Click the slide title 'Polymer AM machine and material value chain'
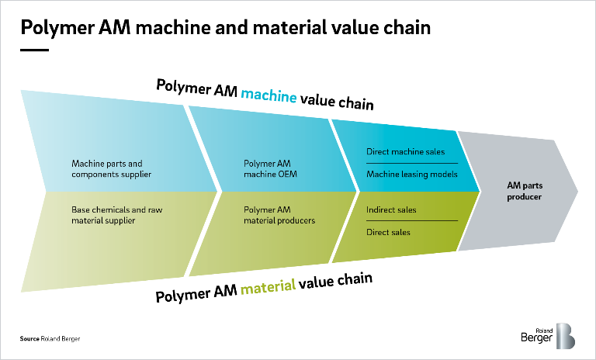point(225,29)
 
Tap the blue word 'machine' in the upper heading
point(269,96)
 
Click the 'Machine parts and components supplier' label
point(107,169)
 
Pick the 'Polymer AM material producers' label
point(279,215)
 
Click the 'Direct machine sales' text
point(405,151)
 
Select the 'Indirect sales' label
point(391,209)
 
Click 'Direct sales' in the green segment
point(388,232)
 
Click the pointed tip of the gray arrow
point(577,191)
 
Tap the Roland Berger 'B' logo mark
point(565,336)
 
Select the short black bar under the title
point(34,50)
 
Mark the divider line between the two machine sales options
point(411,163)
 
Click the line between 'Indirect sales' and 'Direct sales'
point(411,221)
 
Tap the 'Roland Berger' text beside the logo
point(537,336)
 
